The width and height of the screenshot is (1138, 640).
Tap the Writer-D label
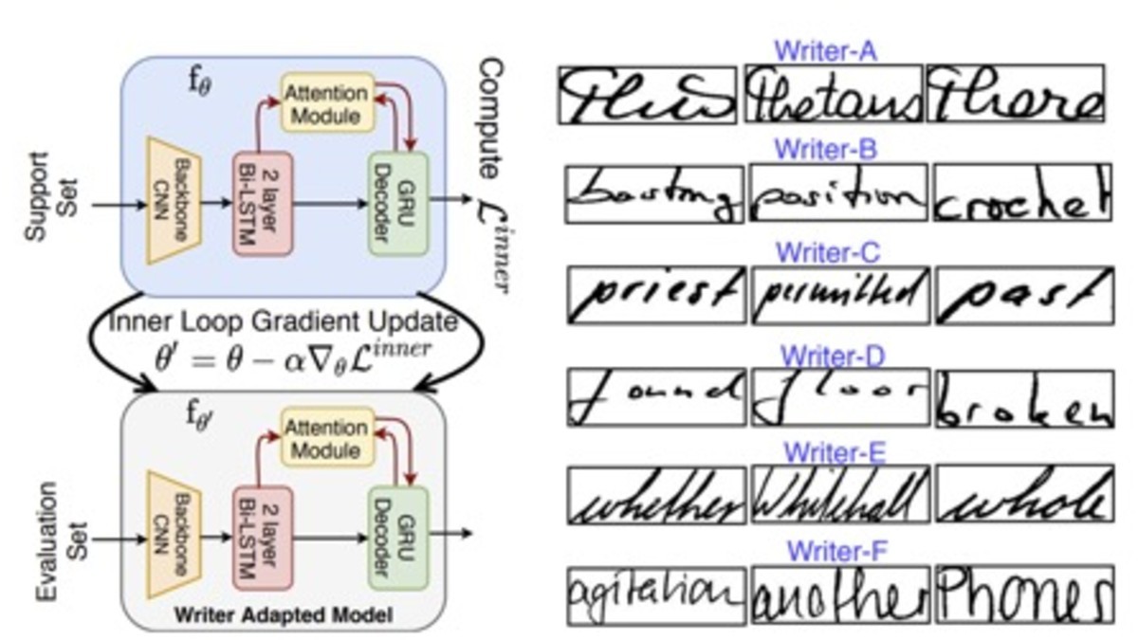pyautogui.click(x=832, y=357)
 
